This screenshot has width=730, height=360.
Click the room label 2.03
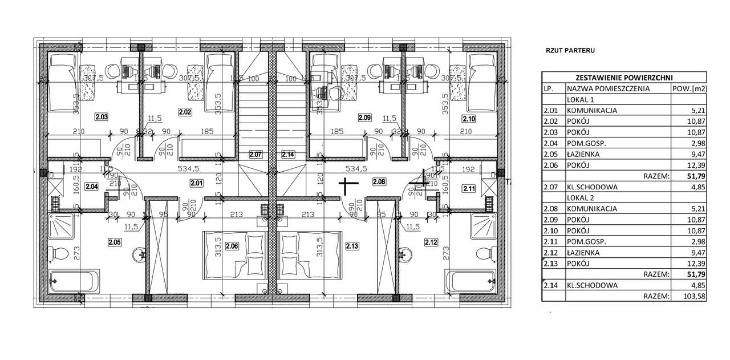102,117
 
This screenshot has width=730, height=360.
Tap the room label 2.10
469,119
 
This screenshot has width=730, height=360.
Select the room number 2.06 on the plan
232,246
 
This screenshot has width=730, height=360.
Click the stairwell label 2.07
256,154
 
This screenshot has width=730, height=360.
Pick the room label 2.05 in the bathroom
115,242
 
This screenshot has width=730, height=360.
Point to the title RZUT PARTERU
570,50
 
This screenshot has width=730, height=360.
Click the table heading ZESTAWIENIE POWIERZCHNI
624,78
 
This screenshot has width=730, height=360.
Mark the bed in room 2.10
484,83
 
